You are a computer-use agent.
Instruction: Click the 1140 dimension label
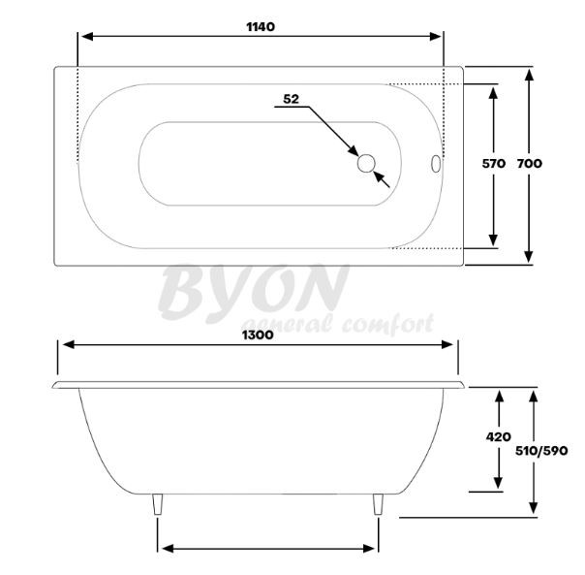coord(261,27)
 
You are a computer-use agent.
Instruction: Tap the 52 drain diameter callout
coord(291,99)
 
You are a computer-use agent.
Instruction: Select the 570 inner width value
coord(494,163)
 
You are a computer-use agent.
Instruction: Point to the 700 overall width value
coord(530,163)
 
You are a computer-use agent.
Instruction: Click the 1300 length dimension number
coord(258,335)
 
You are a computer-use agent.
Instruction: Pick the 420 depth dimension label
coord(499,436)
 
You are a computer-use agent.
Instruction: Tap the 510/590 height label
coord(541,451)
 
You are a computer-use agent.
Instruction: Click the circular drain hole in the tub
coord(366,163)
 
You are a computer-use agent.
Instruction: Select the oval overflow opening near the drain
coord(436,164)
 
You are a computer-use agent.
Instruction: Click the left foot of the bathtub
coord(158,504)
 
